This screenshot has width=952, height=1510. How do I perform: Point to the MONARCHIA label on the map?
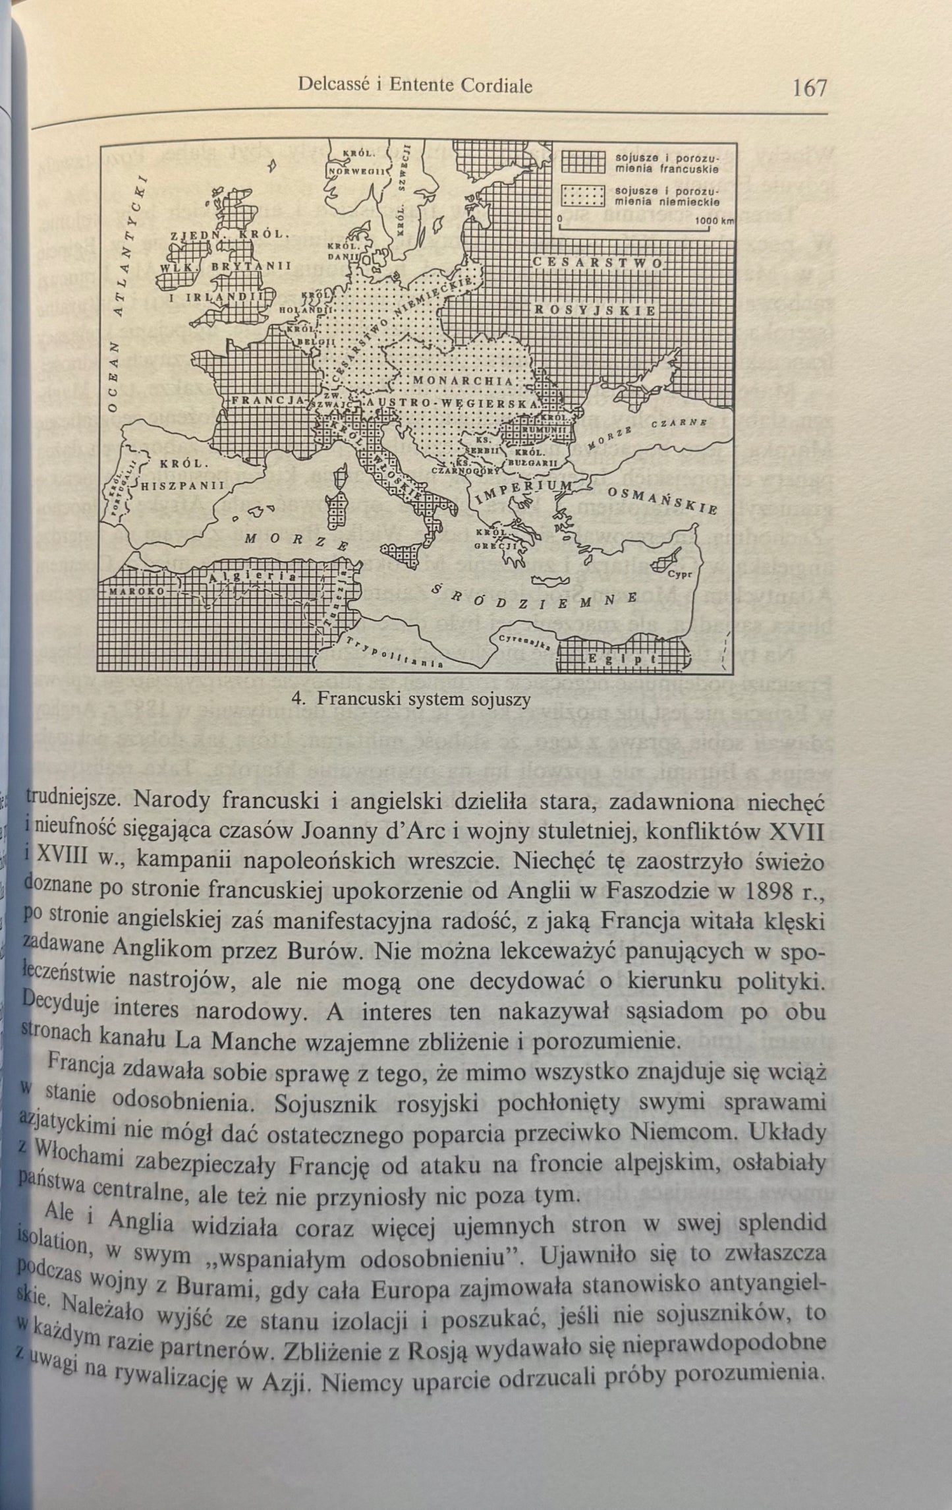click(464, 382)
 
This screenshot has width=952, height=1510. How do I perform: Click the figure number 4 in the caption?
click(296, 699)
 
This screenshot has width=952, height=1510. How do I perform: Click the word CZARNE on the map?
click(680, 422)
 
